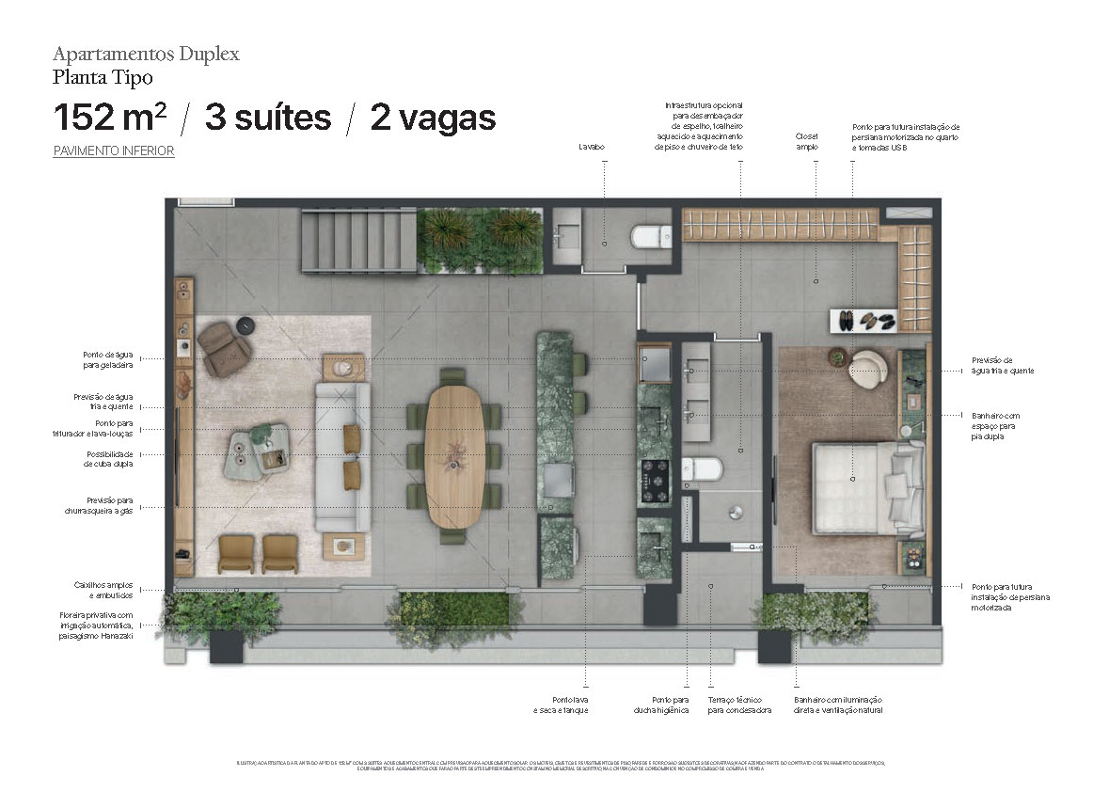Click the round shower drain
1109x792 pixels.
[x=736, y=511]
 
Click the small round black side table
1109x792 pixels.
[x=247, y=325]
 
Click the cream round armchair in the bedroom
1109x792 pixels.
[x=866, y=369]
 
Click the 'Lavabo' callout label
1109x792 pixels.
[x=593, y=147]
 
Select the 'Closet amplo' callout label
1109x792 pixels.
[x=806, y=141]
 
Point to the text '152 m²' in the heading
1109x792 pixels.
[x=110, y=118]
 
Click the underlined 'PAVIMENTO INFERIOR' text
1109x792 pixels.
[x=114, y=150]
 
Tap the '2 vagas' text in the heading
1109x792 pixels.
[x=433, y=118]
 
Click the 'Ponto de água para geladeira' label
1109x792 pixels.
[x=107, y=358]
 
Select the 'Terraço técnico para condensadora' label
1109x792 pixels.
[x=739, y=705]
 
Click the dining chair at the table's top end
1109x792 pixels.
[x=452, y=375]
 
